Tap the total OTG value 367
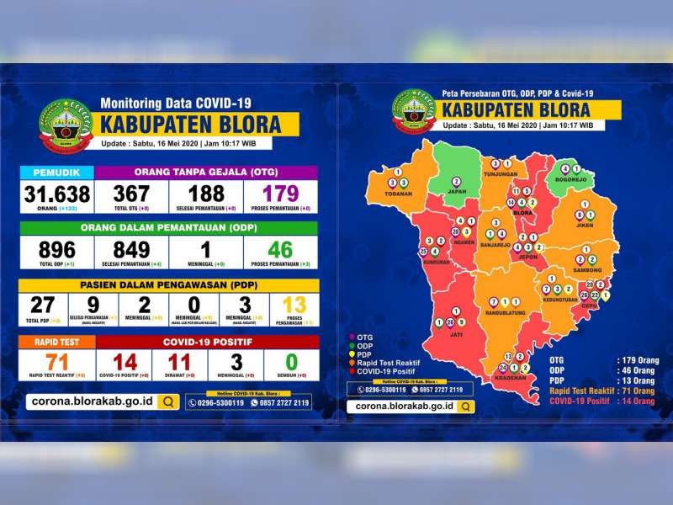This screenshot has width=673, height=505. pos(131,194)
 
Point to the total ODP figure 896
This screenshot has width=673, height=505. pos(57,249)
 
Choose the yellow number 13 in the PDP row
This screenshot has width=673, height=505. pos(294,305)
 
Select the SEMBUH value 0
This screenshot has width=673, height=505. pos(291,363)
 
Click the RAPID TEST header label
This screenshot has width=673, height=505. pos(57,342)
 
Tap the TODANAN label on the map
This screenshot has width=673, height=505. pos(398,194)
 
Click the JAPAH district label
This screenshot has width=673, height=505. pos(457,191)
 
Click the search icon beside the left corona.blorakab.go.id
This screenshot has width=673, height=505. pos(169,401)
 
